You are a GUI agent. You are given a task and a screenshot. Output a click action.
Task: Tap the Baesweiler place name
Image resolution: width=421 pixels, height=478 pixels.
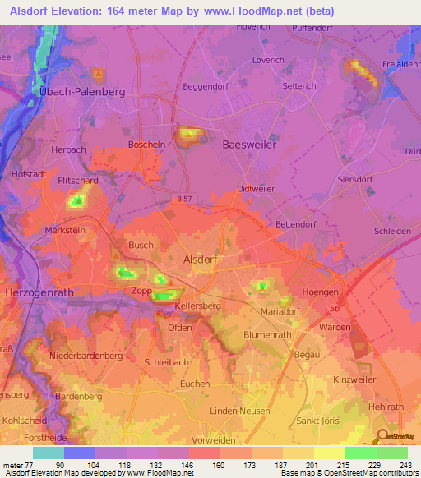250,144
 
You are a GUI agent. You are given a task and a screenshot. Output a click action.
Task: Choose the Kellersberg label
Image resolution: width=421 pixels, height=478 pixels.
198,306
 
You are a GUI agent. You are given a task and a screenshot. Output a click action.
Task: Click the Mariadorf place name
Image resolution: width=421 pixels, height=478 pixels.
263,311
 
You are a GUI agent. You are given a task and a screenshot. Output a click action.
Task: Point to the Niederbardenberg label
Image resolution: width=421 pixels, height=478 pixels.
86,356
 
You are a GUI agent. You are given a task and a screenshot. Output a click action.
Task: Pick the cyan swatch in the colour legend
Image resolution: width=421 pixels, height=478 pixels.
49,453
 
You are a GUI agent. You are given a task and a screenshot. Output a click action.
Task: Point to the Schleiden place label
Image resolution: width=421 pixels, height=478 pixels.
391,232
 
